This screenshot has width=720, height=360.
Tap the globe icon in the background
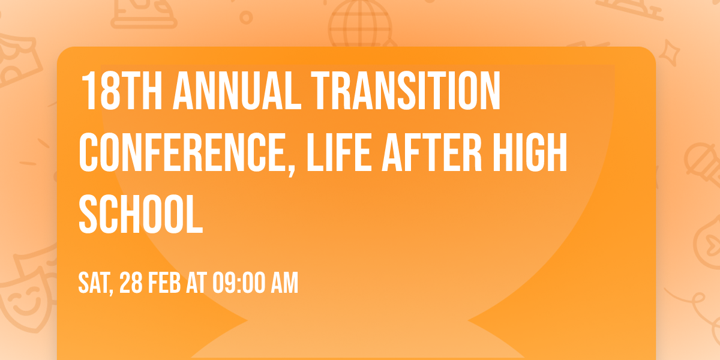[x=358, y=24]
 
